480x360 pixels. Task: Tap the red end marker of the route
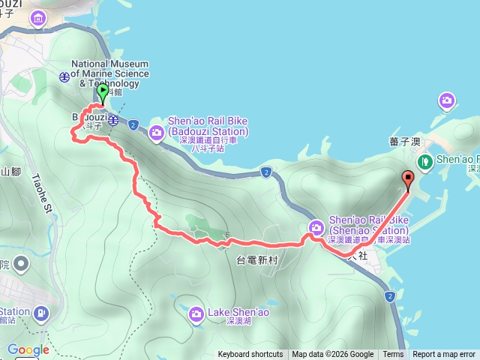tap(408, 179)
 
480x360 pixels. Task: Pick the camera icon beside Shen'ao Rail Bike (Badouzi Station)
tap(157, 133)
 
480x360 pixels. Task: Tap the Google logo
tap(28, 349)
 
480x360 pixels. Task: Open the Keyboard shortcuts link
tap(250, 355)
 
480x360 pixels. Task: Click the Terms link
tap(393, 355)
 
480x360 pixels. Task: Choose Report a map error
tap(443, 355)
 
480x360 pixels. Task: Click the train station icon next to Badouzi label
tap(113, 120)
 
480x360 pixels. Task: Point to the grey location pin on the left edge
tap(19, 264)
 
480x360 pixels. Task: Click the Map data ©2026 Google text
tap(333, 355)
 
